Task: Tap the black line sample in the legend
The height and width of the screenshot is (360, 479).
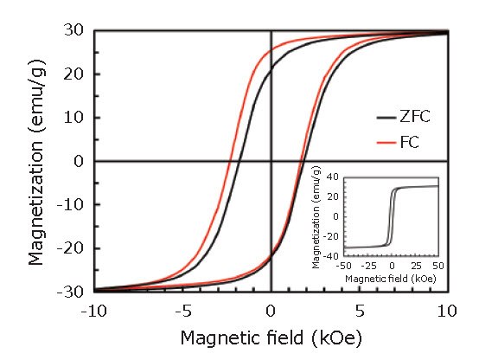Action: pos(385,115)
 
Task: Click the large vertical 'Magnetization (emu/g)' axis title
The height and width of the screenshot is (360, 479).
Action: pos(36,161)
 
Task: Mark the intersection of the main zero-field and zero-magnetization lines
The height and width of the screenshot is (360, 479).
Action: pos(271,161)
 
